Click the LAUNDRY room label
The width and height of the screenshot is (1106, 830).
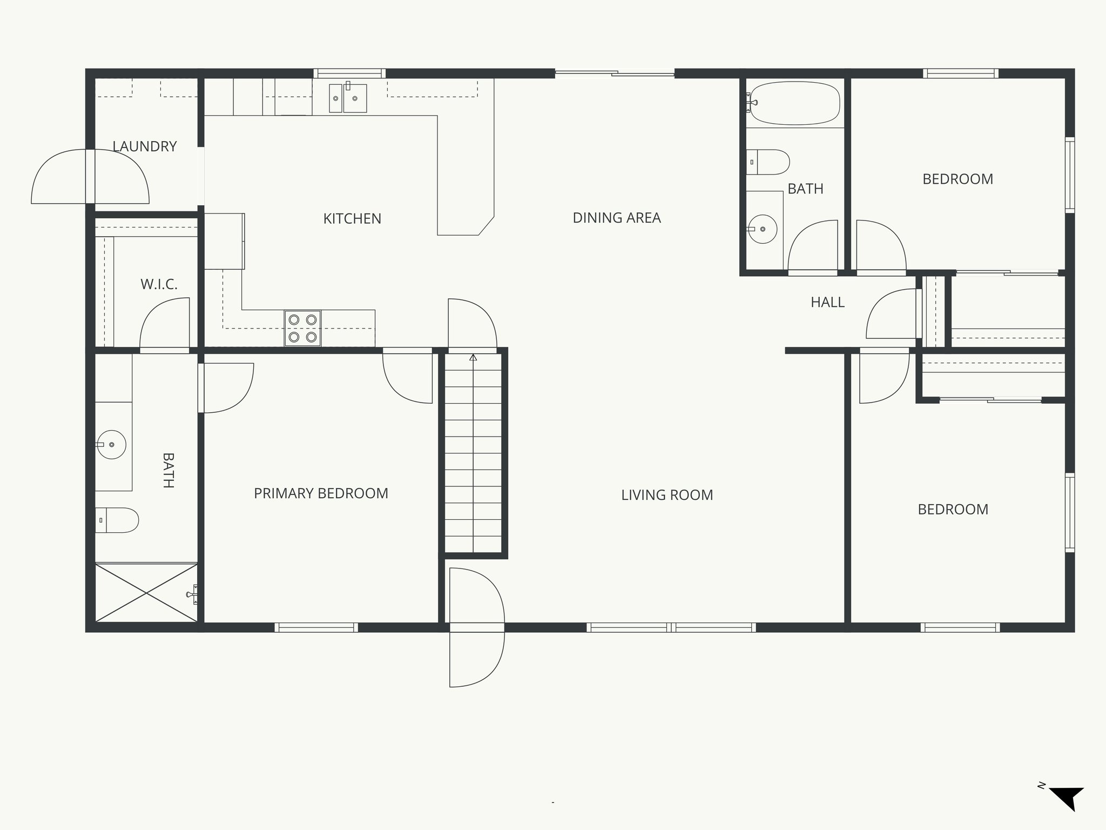(x=144, y=146)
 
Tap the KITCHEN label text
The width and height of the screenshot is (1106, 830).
(x=352, y=219)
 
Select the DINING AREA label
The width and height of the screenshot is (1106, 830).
(x=616, y=218)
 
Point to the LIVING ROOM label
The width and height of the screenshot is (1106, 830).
(x=667, y=495)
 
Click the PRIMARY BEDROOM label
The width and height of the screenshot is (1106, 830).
(x=321, y=493)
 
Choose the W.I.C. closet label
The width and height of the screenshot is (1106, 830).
(x=159, y=284)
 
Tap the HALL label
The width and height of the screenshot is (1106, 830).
(x=827, y=303)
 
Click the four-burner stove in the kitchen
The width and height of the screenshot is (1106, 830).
(x=302, y=328)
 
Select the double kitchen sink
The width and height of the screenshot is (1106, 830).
(x=348, y=98)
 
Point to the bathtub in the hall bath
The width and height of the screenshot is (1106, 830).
(x=795, y=103)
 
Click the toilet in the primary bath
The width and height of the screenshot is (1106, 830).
(x=117, y=520)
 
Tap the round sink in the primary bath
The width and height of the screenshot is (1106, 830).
(x=112, y=445)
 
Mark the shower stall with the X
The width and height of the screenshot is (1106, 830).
(x=146, y=593)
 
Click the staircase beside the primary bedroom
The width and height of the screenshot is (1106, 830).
(x=473, y=454)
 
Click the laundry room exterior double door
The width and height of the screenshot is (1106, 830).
(x=90, y=177)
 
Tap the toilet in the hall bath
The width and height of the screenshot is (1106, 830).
(x=769, y=162)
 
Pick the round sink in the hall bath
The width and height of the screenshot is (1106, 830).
(x=763, y=229)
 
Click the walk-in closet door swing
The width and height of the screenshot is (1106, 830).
(x=165, y=324)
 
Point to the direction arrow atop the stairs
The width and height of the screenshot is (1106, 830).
(x=473, y=358)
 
